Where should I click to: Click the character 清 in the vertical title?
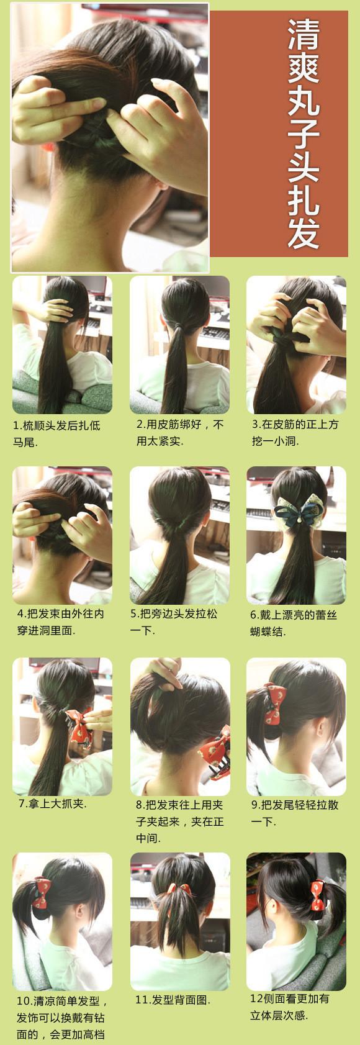coord(304,35)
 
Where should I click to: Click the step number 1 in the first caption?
coord(16,425)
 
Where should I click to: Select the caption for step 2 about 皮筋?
coord(180,432)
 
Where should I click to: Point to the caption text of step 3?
coord(295,432)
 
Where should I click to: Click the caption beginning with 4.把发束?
coord(61,622)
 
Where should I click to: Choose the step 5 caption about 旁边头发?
coord(174,622)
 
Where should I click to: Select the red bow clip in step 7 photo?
coord(81,726)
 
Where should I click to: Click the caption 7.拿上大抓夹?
coord(53,804)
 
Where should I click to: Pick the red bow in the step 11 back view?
coord(179,892)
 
